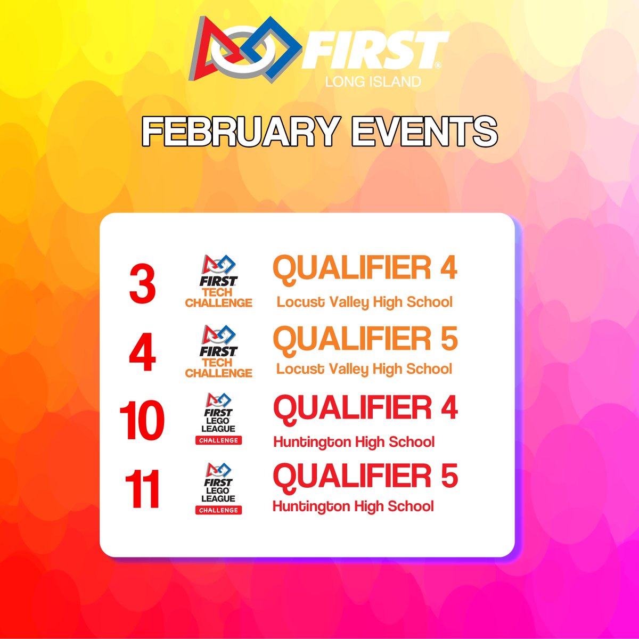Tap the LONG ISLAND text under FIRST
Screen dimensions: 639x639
(373, 81)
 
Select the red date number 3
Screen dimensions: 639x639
(142, 286)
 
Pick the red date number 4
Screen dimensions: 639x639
(142, 353)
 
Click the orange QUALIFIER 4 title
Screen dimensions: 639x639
(365, 268)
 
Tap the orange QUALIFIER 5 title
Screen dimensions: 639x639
(365, 338)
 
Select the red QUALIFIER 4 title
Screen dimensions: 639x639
(365, 407)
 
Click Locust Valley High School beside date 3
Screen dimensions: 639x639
(364, 302)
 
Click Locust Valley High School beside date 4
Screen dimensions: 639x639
(364, 368)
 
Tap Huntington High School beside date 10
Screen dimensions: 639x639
(354, 441)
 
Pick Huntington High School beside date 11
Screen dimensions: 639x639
(353, 505)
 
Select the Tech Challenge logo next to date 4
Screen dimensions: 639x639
(218, 351)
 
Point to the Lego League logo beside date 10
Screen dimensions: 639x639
(218, 418)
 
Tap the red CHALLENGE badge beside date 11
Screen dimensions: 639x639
(218, 510)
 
